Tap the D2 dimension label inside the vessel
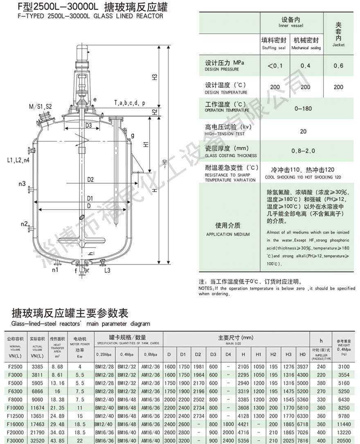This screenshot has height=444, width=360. click(90, 179)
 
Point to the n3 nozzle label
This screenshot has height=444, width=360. click(22, 183)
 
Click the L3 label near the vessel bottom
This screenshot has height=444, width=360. click(107, 270)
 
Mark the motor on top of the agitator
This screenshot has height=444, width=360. click(83, 52)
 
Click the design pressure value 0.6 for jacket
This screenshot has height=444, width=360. click(338, 65)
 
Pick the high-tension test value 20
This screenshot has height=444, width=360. click(303, 131)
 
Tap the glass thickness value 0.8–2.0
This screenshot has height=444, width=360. click(303, 151)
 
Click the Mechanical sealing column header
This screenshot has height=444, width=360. click(306, 43)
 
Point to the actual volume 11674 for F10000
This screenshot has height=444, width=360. click(37, 408)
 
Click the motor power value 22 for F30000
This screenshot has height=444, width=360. click(80, 441)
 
